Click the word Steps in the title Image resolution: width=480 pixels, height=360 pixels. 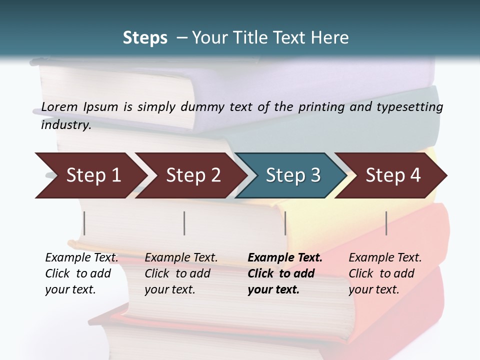tap(145, 38)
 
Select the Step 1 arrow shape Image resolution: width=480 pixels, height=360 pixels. tap(90, 175)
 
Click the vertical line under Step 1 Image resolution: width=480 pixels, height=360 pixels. tap(84, 223)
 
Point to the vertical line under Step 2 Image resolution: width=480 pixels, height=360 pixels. tap(184, 223)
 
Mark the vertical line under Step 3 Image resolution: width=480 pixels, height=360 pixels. tap(285, 223)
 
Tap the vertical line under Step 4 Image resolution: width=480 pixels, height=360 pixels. tap(386, 223)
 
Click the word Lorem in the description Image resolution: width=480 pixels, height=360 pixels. tap(59, 106)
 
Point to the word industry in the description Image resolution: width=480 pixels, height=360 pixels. tap(65, 125)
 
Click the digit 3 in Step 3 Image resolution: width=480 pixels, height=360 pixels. tap(315, 175)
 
